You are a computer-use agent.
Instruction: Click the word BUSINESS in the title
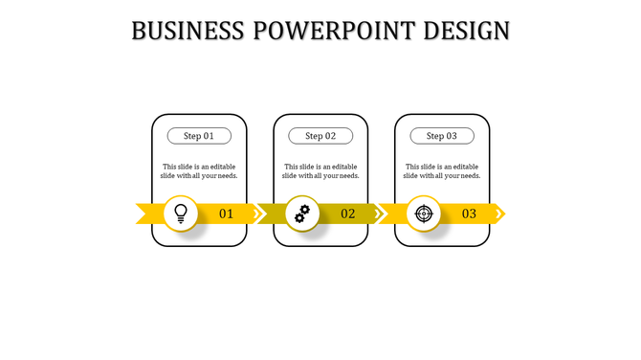click(x=188, y=31)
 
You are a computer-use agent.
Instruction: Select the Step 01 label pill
click(x=199, y=136)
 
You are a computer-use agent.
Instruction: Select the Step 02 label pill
click(x=320, y=136)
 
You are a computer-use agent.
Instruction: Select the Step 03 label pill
click(x=442, y=136)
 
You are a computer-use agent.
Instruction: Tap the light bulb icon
click(x=181, y=214)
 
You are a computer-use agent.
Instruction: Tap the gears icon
click(x=302, y=214)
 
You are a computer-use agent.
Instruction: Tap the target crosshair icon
click(x=424, y=214)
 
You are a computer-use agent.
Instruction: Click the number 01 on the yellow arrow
click(x=227, y=214)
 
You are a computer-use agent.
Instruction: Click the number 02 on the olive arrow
click(x=348, y=214)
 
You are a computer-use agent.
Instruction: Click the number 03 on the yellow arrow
click(x=469, y=214)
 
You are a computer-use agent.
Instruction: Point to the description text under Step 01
click(x=199, y=171)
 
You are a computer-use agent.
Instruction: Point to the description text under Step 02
click(x=320, y=171)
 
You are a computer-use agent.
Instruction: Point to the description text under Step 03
click(x=442, y=171)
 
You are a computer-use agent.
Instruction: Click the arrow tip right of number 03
click(x=499, y=214)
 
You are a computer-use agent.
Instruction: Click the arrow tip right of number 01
click(x=256, y=214)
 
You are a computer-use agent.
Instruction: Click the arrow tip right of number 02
click(x=378, y=214)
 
